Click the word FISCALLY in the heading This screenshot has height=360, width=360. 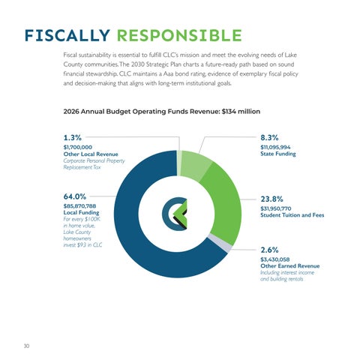67,35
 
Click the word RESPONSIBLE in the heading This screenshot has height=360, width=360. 179,35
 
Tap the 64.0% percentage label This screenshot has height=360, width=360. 75,196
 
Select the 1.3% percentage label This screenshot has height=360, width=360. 73,137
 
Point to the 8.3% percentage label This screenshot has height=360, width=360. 269,137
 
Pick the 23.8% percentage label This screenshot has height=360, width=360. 271,199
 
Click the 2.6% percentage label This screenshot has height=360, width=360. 269,250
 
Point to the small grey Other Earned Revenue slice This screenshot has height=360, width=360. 220,243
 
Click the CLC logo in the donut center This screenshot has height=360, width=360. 175,214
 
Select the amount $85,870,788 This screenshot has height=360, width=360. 79,206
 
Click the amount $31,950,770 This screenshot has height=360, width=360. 276,208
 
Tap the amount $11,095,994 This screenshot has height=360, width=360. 275,147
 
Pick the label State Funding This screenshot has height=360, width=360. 278,154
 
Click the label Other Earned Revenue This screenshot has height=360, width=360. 290,266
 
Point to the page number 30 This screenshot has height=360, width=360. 26,346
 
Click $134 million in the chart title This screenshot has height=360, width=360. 241,112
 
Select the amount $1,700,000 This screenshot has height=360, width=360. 78,147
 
